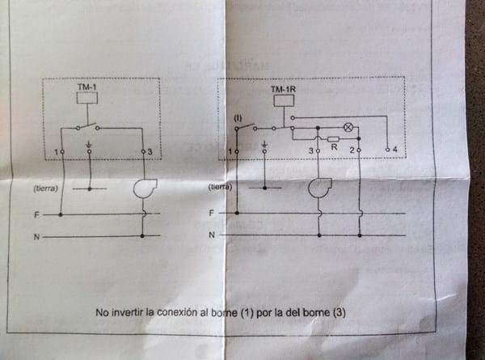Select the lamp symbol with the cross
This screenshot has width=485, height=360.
point(349,127)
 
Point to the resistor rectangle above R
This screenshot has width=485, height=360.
point(333,138)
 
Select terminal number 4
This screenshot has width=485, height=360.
point(394,150)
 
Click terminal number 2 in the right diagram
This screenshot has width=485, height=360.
point(352,150)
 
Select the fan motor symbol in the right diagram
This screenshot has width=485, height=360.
point(318,188)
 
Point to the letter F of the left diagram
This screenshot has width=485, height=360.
point(37,215)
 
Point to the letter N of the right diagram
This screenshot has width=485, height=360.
point(212,235)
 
